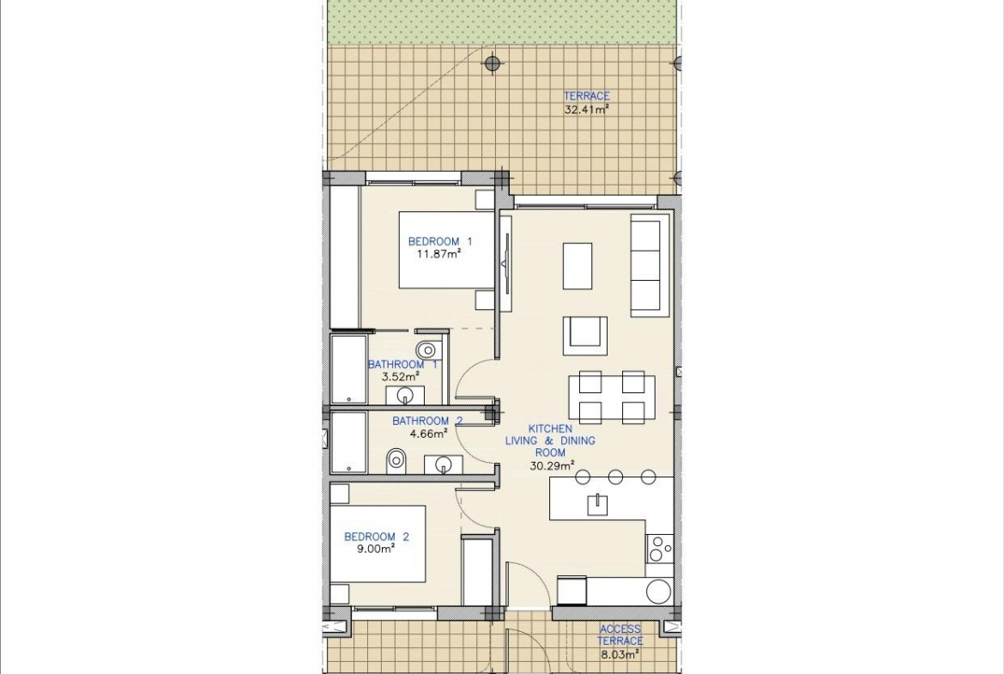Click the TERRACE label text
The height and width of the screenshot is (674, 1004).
(x=586, y=96)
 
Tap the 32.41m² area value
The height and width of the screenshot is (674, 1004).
(x=586, y=109)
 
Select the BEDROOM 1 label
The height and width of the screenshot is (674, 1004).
(x=440, y=241)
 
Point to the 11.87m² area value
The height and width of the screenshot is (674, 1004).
(x=440, y=254)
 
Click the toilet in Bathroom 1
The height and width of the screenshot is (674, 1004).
(x=426, y=349)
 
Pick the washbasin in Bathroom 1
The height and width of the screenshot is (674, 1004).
(x=405, y=395)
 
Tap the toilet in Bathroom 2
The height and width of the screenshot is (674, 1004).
(x=396, y=459)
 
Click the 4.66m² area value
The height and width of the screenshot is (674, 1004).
(x=427, y=434)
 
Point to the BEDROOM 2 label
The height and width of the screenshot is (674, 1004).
(x=376, y=537)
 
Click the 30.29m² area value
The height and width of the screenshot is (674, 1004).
(x=552, y=465)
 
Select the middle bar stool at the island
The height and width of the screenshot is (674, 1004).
(x=616, y=476)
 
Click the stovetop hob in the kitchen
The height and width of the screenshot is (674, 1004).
(x=660, y=549)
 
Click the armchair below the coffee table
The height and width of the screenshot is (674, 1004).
(x=585, y=335)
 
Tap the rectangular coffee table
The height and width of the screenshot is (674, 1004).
(x=578, y=266)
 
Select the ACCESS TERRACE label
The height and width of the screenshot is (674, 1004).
(x=620, y=635)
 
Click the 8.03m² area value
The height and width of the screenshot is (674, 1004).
(x=620, y=655)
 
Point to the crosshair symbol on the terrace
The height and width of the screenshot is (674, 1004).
(x=492, y=63)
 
